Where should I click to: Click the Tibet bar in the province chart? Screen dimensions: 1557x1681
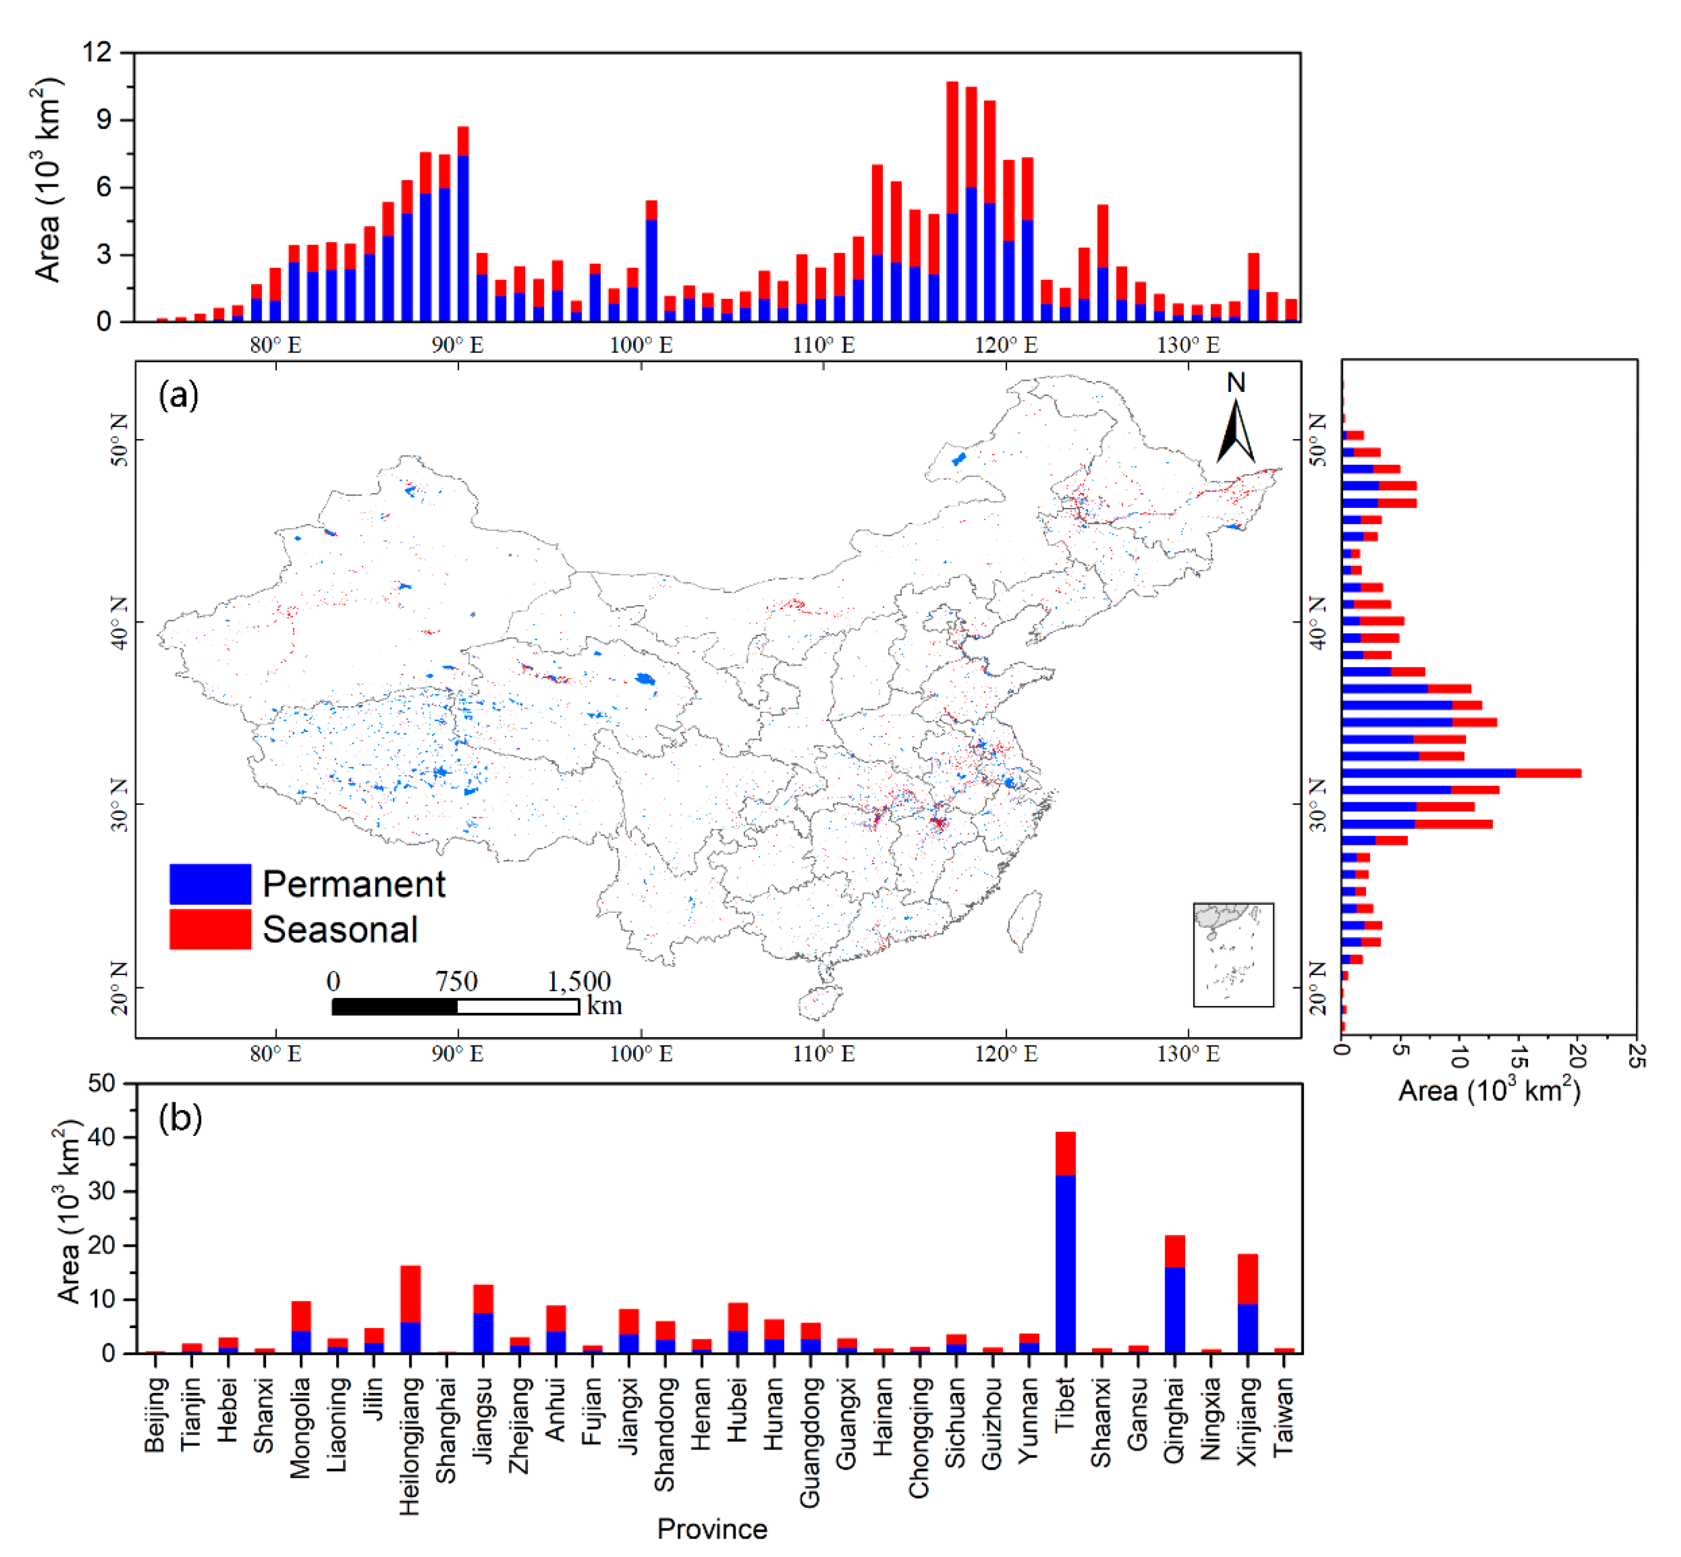[1065, 1243]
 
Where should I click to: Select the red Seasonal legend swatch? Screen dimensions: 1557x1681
[210, 929]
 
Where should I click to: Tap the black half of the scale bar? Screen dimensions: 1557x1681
[394, 1006]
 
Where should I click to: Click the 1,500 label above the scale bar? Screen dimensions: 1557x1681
[579, 981]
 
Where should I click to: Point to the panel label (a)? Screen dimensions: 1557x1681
[178, 394]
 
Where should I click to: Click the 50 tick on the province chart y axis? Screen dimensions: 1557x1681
[102, 1083]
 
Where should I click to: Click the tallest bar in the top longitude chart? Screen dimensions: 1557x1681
[952, 202]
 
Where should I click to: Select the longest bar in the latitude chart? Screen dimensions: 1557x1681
[1461, 773]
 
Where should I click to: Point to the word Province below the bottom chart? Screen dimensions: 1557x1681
[711, 1528]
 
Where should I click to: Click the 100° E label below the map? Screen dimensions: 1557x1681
[641, 1054]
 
